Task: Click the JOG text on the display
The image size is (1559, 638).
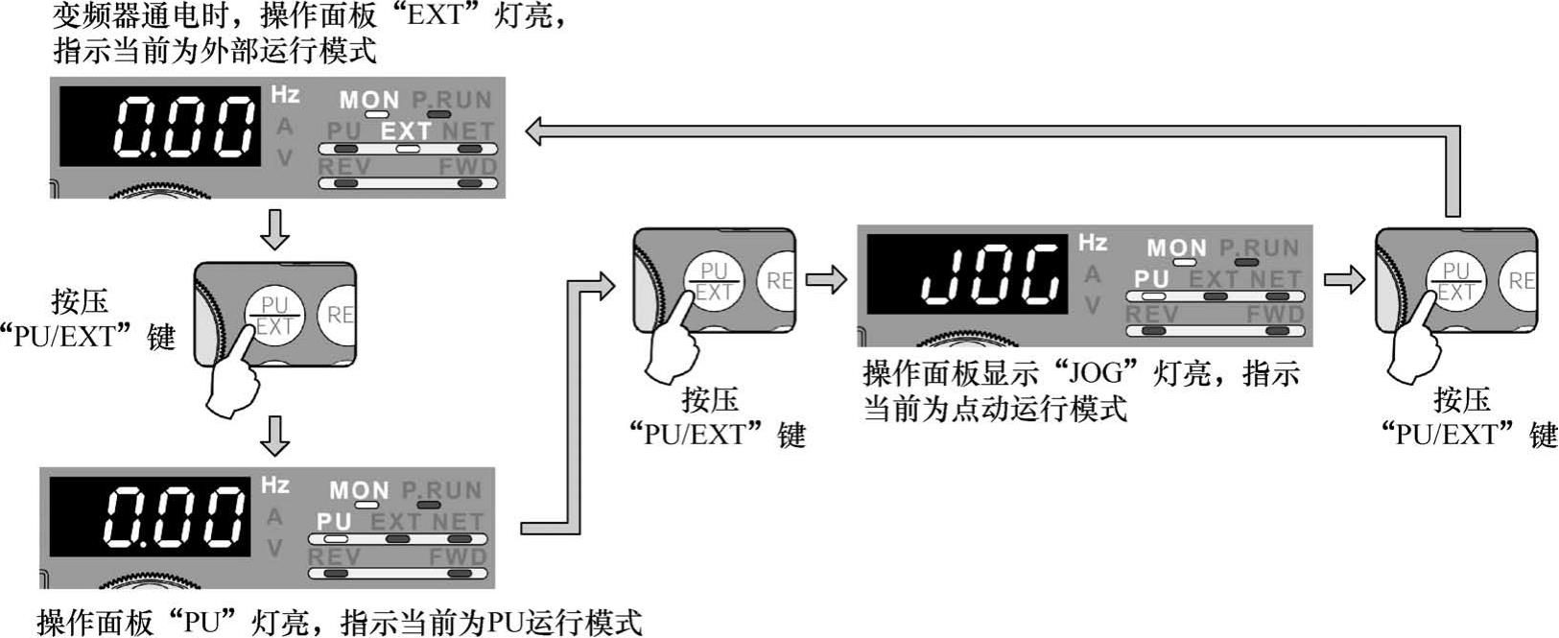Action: (992, 274)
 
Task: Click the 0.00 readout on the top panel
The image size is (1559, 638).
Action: (184, 127)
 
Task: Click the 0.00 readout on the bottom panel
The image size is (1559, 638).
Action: (174, 516)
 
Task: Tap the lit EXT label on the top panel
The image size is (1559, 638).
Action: (407, 130)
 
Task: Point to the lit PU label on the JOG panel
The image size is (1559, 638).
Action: (1151, 279)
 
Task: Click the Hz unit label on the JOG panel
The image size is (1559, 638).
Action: (1093, 242)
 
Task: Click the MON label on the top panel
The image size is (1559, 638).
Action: (368, 100)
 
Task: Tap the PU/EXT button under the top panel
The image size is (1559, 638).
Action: (275, 316)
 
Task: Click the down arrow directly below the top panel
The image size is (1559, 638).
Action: (275, 229)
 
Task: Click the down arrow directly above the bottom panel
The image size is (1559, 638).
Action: (275, 436)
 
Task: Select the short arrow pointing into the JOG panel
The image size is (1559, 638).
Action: (826, 280)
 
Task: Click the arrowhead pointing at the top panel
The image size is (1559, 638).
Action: (534, 131)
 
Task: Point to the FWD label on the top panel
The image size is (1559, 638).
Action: (468, 167)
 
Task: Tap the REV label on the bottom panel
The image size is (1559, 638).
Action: (335, 556)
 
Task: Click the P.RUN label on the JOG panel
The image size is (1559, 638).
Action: (1260, 248)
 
